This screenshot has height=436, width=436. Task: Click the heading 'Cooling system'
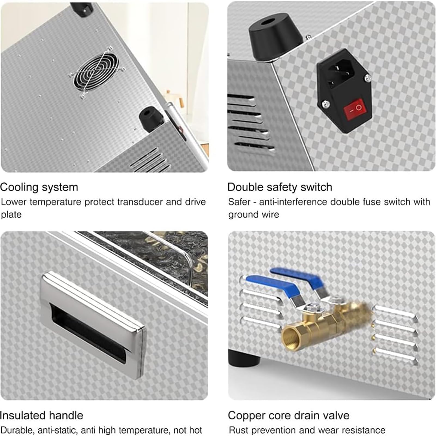[39, 187]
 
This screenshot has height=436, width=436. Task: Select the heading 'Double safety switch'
[280, 187]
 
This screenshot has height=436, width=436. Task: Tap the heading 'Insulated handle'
[41, 416]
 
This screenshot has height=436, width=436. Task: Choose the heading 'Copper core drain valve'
[289, 416]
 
